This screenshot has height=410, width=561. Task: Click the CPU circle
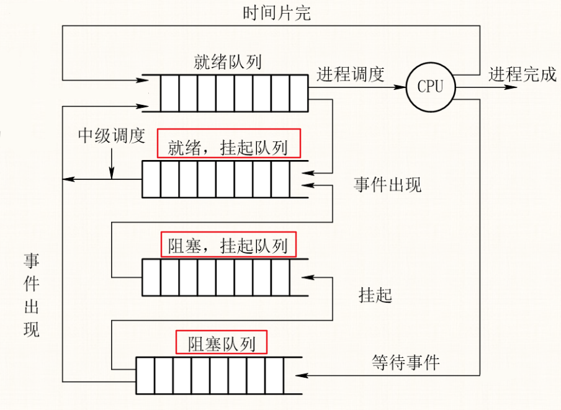point(431,86)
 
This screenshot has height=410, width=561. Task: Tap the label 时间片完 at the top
point(277,13)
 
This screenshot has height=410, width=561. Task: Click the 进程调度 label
point(351,74)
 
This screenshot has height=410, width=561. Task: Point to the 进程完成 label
point(523,74)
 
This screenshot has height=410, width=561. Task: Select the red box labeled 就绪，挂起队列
point(228,144)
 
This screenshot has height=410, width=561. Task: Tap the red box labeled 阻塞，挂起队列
point(228,244)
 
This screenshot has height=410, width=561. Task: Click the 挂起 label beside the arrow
point(376,295)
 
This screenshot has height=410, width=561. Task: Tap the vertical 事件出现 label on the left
point(32,295)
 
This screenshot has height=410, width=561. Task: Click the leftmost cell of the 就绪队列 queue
point(151,93)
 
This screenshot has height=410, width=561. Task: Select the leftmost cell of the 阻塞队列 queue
point(145,375)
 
